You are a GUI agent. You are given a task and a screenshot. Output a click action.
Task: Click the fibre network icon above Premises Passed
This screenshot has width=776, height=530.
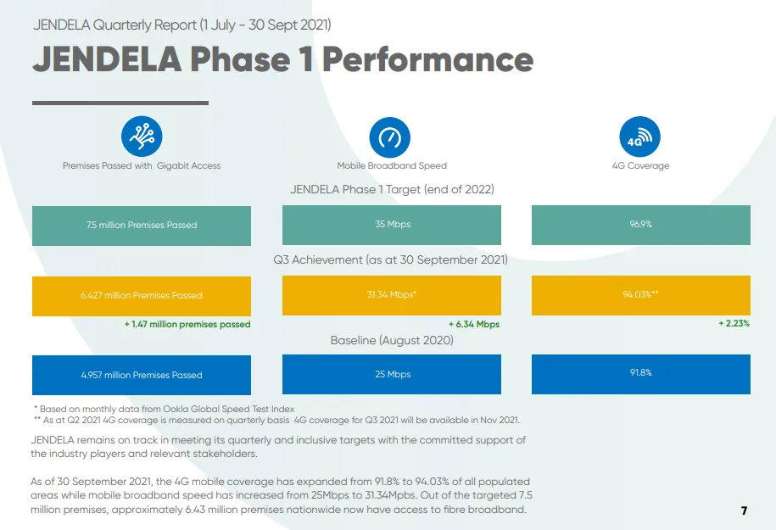click(142, 136)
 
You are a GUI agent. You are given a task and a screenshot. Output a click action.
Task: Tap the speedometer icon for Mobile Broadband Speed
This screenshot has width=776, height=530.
click(390, 137)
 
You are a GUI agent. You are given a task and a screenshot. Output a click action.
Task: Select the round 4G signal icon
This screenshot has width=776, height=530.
click(640, 137)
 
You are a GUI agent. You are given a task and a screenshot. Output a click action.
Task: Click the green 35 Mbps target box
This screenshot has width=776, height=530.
click(392, 225)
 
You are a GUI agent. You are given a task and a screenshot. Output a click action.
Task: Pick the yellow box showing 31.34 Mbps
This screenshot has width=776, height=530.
click(392, 295)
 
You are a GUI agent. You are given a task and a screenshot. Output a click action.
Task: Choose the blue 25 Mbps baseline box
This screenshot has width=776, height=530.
click(392, 374)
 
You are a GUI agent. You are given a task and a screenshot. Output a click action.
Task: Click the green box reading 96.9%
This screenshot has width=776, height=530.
click(641, 225)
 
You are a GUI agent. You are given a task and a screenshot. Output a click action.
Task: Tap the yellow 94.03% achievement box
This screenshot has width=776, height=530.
click(641, 295)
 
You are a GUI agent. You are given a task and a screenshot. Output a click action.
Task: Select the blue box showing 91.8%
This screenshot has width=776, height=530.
click(641, 374)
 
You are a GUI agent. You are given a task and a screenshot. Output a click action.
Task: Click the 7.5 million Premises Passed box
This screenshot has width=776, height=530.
click(142, 226)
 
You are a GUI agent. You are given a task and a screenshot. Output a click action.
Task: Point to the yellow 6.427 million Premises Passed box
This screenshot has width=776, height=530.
click(142, 296)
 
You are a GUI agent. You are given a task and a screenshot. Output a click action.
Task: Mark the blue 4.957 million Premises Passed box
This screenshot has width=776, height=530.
click(142, 375)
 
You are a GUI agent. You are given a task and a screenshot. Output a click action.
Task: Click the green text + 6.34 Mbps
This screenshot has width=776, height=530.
click(474, 324)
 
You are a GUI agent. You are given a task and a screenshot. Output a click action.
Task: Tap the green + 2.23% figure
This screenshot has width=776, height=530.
click(734, 323)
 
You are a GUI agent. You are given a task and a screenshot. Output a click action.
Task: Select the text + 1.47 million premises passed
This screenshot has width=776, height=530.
click(187, 324)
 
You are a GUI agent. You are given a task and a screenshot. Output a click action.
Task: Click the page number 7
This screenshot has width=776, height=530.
click(745, 510)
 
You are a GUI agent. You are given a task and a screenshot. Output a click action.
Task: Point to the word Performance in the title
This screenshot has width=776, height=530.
click(428, 59)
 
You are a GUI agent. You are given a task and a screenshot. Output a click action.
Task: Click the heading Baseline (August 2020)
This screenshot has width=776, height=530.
click(392, 340)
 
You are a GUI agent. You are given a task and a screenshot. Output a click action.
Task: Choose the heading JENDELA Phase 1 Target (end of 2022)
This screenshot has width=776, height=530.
click(392, 190)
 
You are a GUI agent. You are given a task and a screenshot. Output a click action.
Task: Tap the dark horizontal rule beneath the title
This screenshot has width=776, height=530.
click(120, 103)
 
